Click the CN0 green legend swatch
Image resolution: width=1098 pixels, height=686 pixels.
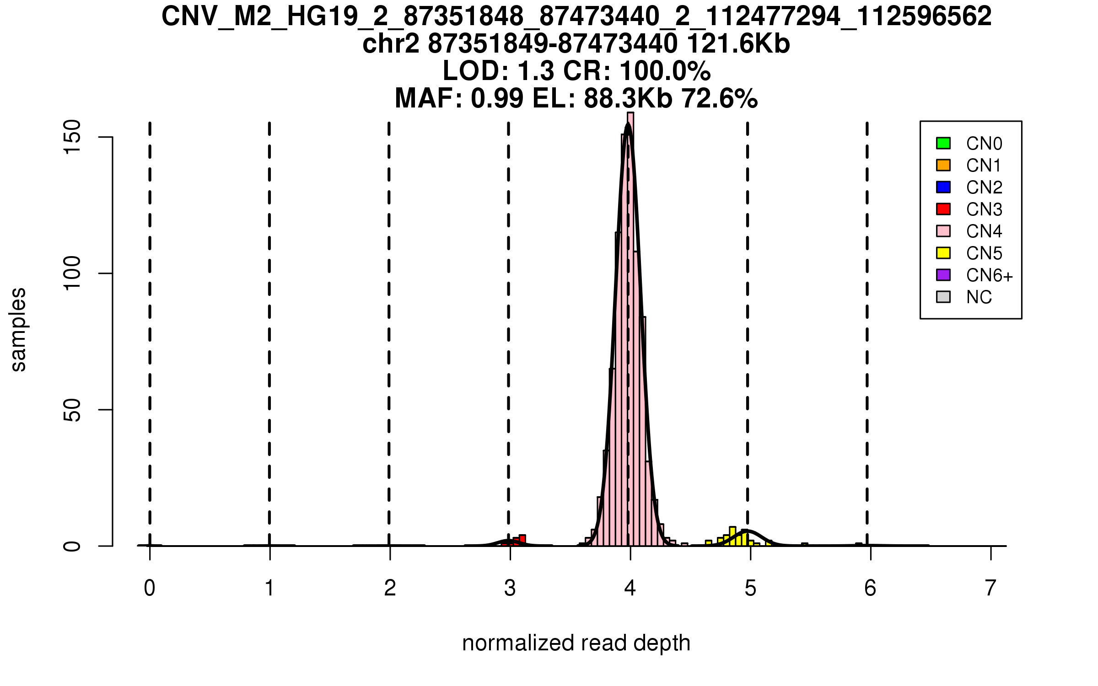point(943,143)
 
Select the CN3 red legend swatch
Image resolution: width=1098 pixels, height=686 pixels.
point(943,209)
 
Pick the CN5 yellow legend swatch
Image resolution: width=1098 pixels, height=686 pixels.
point(943,253)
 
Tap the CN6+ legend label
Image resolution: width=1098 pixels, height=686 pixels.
point(989,275)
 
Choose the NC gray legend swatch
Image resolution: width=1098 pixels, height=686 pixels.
point(943,297)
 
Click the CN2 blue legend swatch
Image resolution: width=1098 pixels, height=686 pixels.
point(943,187)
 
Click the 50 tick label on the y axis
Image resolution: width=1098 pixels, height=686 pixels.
point(72,410)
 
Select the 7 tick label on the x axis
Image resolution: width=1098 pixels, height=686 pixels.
point(990,588)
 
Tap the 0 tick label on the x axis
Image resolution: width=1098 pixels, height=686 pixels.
point(150,588)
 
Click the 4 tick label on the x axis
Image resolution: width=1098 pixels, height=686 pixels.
point(630,588)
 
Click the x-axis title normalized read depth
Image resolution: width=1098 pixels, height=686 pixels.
point(576,643)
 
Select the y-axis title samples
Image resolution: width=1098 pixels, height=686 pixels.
point(18,329)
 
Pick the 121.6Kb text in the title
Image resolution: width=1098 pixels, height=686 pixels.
point(738,44)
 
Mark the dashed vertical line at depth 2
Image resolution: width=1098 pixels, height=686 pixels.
point(389,320)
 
